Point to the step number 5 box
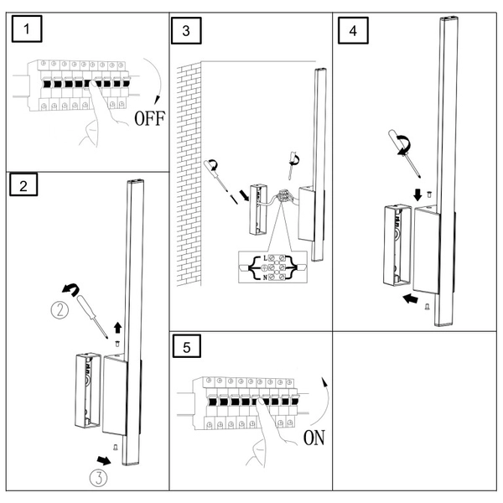point(188,347)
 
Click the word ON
point(313,437)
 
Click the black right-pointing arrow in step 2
point(104,459)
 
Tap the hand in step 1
point(92,127)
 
